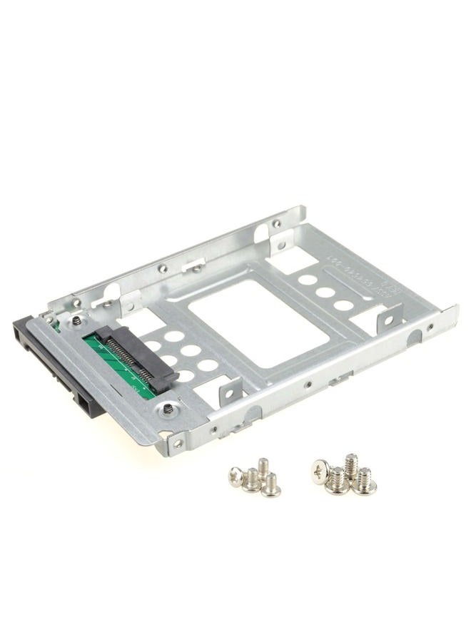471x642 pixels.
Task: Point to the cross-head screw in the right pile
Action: pos(319,469)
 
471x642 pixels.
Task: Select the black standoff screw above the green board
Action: pos(75,322)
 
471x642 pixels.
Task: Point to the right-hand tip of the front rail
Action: pos(453,310)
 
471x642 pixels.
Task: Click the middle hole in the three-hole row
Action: pos(325,292)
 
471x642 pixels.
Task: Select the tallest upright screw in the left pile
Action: pos(263,467)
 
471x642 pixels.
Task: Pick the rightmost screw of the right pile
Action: pos(365,481)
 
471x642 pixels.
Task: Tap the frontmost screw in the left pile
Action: pos(270,486)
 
